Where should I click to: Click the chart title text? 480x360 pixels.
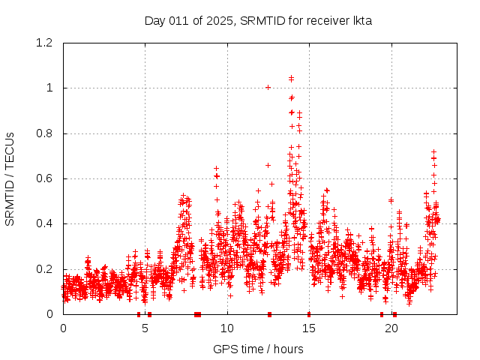coord(258,20)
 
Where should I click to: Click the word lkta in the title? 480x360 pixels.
coord(362,20)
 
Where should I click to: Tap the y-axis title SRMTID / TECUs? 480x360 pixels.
coord(10,178)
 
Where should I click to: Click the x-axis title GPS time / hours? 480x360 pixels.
coord(258,349)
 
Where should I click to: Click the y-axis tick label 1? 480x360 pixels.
coord(50,88)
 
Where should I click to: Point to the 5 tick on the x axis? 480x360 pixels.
coord(145,328)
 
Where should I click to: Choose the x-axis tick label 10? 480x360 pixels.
coord(227,328)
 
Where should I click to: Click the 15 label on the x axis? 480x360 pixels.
coord(310,328)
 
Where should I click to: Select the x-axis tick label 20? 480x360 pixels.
coord(391,328)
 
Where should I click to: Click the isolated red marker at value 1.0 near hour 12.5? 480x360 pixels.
coord(268,87)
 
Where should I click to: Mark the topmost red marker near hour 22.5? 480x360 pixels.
coord(433,151)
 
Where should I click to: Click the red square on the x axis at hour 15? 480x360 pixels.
coord(309,314)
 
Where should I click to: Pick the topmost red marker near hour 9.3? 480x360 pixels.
coord(217,168)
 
